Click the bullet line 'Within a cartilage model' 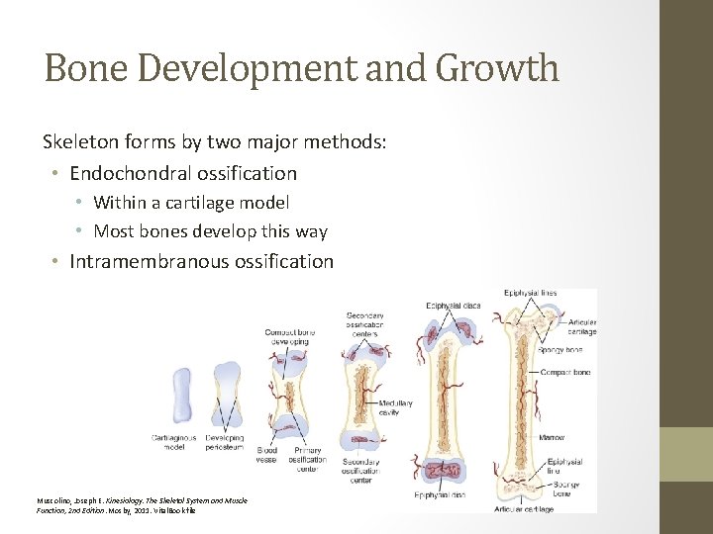(x=191, y=203)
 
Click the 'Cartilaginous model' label (x=173, y=442)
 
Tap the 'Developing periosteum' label (x=225, y=442)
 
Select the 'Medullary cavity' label (x=388, y=407)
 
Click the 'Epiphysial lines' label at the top (x=530, y=293)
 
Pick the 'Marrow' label (x=552, y=436)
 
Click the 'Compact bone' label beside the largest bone (x=566, y=372)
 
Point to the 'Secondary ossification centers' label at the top (x=365, y=324)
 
